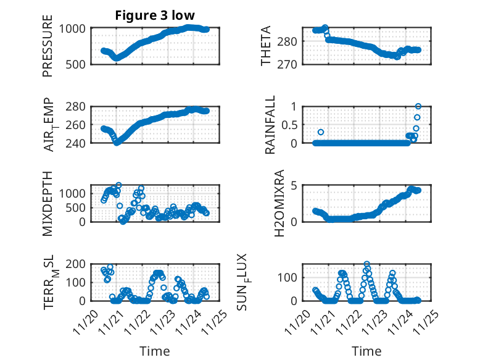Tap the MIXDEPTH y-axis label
coord(48,204)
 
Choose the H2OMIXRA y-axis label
coord(278,204)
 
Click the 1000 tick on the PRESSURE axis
coord(75,28)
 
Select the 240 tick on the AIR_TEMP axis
coord(78,143)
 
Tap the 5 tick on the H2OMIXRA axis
coord(296,185)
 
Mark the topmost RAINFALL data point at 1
coord(418,107)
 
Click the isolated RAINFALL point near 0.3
coord(321,132)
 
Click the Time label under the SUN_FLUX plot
coord(366,351)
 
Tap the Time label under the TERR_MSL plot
coord(155,351)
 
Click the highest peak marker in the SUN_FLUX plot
coord(367,264)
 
